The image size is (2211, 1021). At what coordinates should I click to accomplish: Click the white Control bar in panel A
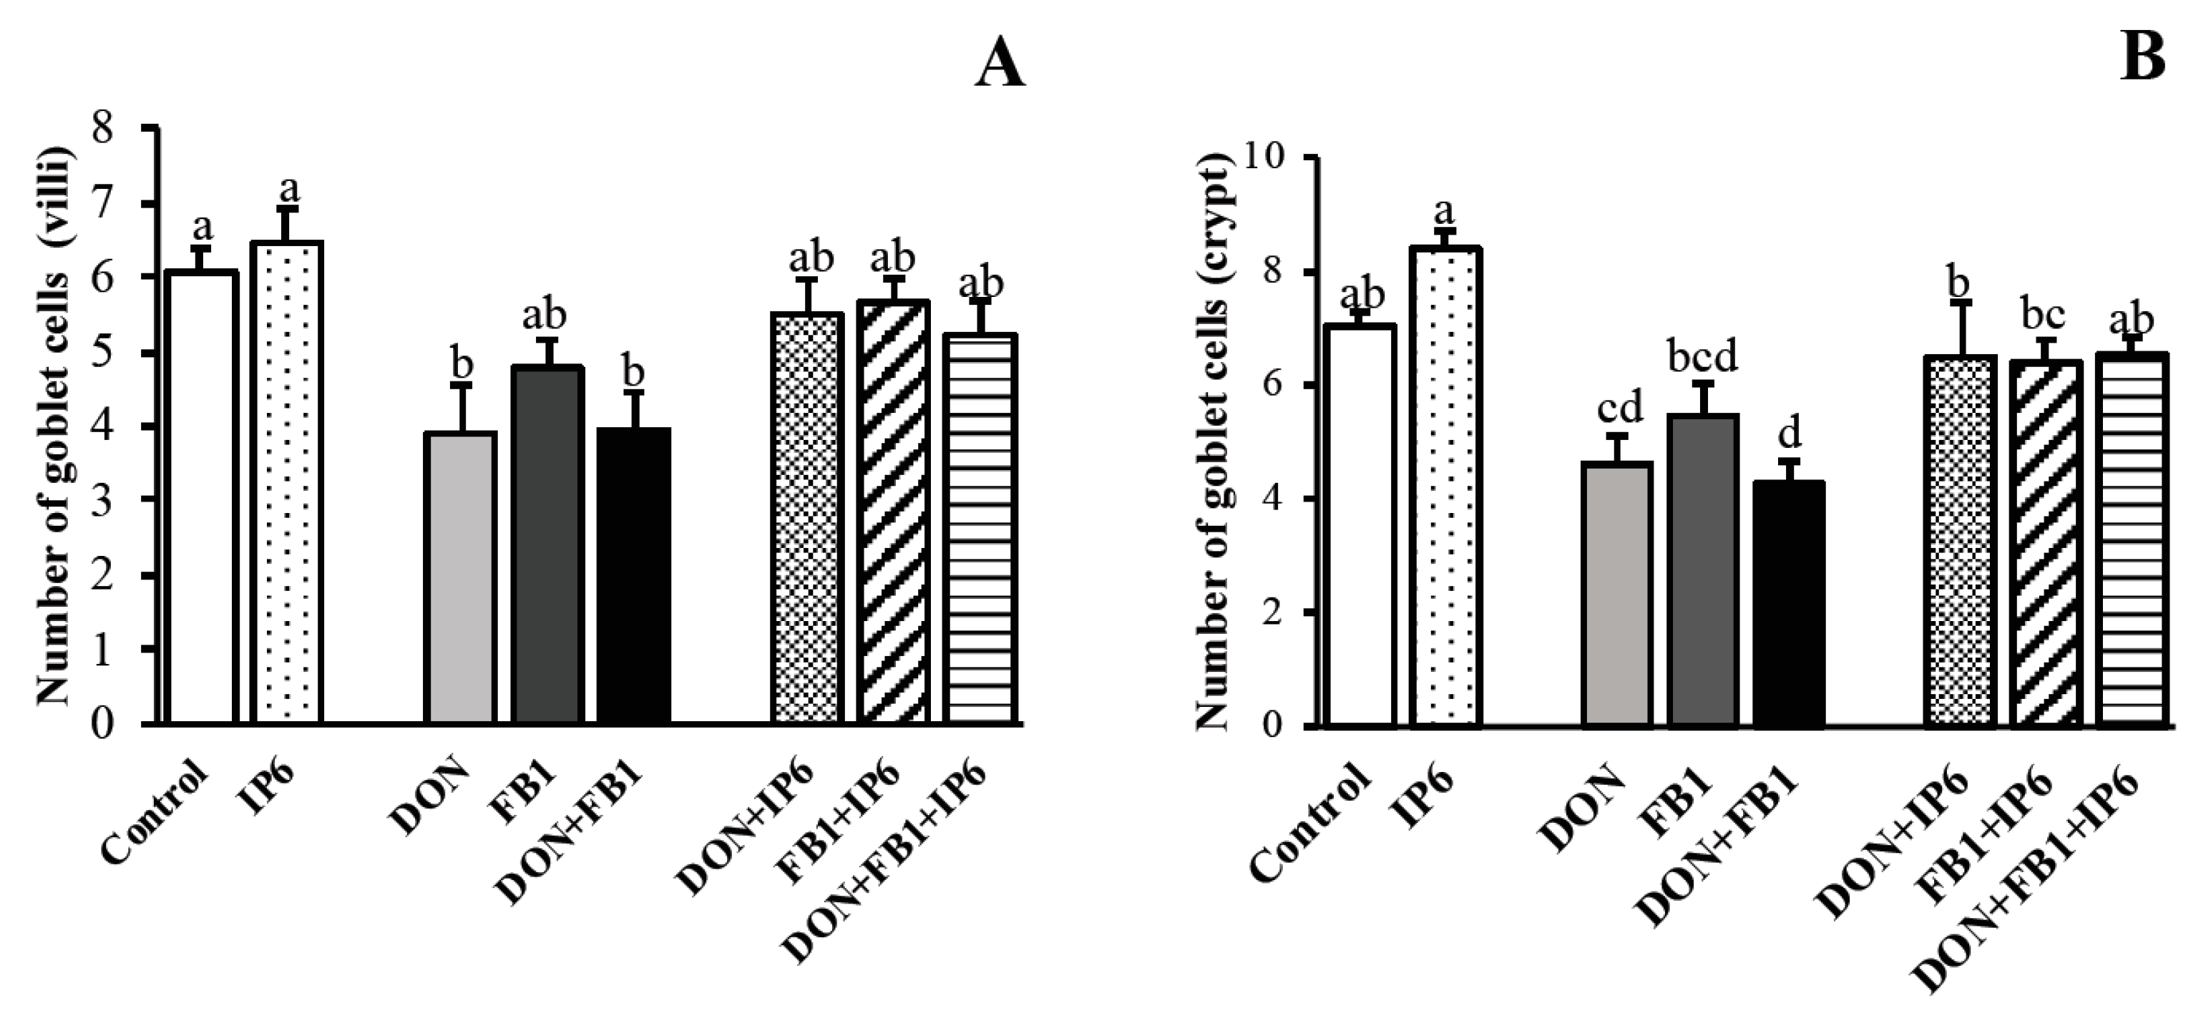click(x=202, y=498)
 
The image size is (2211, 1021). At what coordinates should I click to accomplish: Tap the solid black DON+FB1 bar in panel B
click(x=1789, y=604)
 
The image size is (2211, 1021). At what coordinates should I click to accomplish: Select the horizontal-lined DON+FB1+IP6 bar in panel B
click(x=2132, y=540)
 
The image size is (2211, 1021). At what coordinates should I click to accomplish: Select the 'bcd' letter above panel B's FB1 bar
click(x=1702, y=355)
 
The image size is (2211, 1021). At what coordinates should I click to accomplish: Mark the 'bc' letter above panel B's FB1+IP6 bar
click(x=2043, y=315)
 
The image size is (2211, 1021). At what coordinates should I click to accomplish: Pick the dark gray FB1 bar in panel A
click(x=547, y=544)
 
